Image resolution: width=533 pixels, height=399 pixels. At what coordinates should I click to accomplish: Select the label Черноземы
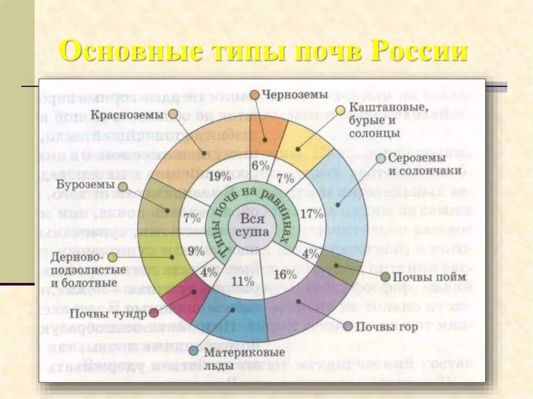click(x=295, y=95)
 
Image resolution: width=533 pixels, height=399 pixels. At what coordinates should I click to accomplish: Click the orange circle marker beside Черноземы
click(x=255, y=95)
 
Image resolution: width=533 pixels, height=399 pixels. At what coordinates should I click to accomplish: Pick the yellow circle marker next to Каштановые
click(x=340, y=110)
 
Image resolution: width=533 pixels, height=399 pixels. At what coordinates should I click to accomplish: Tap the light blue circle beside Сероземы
click(x=381, y=159)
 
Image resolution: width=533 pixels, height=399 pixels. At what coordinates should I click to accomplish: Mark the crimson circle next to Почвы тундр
click(x=154, y=313)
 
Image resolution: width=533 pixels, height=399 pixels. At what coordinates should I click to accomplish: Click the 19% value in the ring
click(x=219, y=176)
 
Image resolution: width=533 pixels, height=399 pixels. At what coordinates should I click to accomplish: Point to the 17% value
click(x=312, y=213)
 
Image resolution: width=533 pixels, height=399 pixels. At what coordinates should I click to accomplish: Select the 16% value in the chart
click(x=285, y=275)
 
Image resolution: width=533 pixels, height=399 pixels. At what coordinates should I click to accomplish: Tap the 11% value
click(x=243, y=281)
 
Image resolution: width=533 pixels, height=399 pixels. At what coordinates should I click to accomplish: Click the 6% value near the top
click(x=260, y=166)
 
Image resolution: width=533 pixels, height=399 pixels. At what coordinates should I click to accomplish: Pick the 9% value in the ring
click(x=196, y=251)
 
